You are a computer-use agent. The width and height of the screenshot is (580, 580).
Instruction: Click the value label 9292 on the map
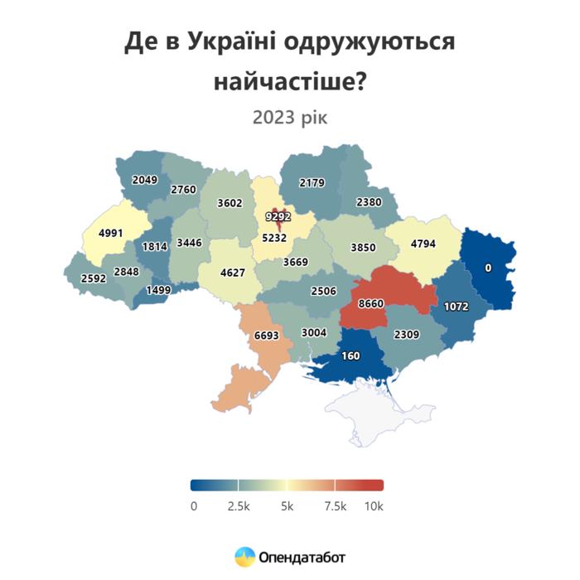pyautogui.click(x=278, y=217)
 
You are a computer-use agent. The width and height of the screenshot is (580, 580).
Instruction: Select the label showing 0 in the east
pyautogui.click(x=488, y=268)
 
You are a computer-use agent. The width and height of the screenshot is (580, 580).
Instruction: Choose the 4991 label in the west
pyautogui.click(x=110, y=233)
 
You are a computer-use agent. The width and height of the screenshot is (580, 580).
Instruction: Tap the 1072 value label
pyautogui.click(x=456, y=307)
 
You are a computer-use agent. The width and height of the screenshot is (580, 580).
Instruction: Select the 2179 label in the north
pyautogui.click(x=312, y=182)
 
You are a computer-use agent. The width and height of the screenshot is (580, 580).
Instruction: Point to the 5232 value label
pyautogui.click(x=274, y=237)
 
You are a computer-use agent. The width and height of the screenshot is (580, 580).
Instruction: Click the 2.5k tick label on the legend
pyautogui.click(x=239, y=505)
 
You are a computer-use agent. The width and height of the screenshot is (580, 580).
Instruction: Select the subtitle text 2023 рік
pyautogui.click(x=290, y=117)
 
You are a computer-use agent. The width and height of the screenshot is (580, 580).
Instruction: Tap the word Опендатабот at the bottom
pyautogui.click(x=301, y=558)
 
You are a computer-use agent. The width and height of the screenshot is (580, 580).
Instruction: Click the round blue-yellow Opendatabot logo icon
pyautogui.click(x=244, y=557)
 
